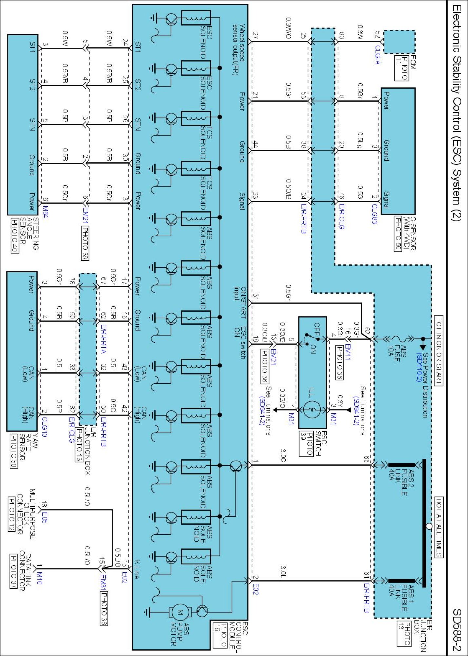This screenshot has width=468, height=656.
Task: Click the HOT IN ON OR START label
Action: (x=439, y=350)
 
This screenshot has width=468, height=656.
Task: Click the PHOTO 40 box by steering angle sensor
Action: (x=15, y=235)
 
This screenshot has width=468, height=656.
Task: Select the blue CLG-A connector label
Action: (x=378, y=54)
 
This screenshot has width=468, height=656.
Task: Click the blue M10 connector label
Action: (x=39, y=578)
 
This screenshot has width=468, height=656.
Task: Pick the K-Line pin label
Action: (x=137, y=569)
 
